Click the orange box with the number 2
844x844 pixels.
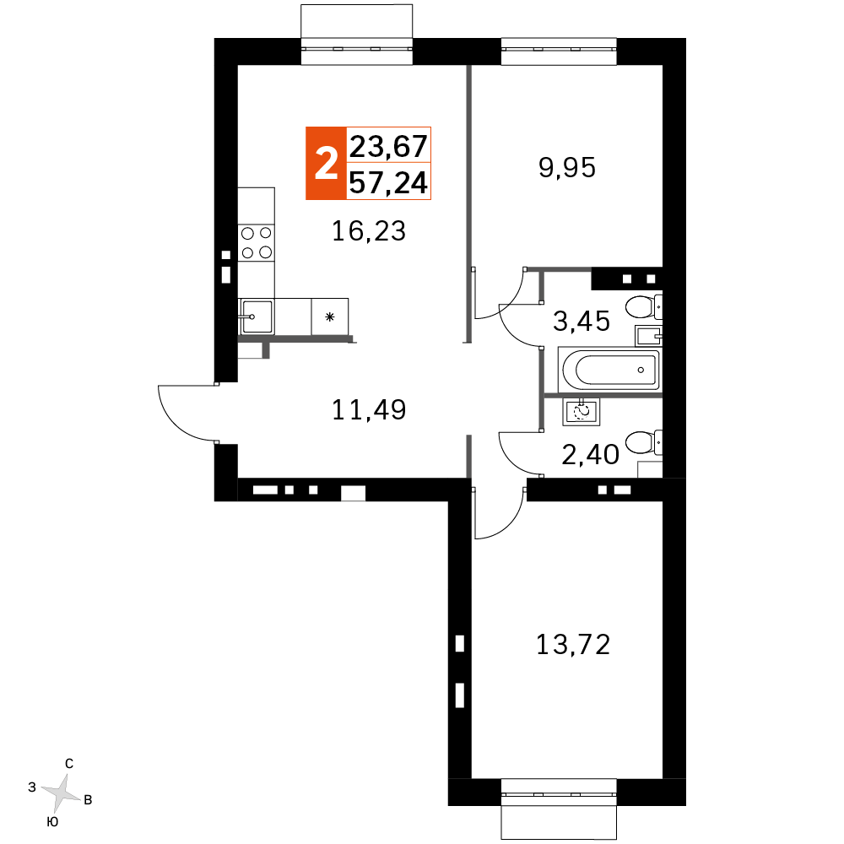326,164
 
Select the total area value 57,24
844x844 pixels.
388,182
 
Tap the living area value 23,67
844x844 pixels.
388,146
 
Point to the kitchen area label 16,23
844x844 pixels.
369,231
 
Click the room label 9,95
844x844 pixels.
567,167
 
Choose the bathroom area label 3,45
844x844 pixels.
582,321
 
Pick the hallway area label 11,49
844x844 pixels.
369,409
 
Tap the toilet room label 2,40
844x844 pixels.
591,455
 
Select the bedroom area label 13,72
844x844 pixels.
573,644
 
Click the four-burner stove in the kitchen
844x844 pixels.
257,243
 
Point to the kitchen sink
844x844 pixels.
257,316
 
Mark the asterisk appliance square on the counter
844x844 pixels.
330,317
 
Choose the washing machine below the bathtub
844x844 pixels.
582,413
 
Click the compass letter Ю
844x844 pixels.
52,822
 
